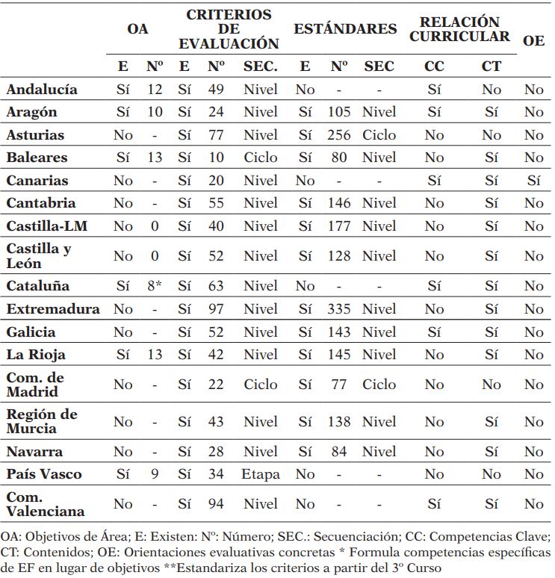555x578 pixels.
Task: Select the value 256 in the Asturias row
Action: click(339, 135)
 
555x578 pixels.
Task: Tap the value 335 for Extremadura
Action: click(339, 309)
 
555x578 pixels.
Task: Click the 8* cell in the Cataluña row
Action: click(155, 286)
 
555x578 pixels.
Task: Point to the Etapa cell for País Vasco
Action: click(260, 474)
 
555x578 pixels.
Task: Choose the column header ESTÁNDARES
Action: click(345, 30)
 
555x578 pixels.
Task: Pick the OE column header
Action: click(533, 41)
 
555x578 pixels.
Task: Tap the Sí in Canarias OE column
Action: click(533, 181)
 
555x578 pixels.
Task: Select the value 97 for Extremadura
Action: click(216, 309)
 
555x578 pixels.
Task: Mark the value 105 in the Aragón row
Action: click(339, 112)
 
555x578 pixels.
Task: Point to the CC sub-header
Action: click(434, 66)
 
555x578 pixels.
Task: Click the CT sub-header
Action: click(491, 66)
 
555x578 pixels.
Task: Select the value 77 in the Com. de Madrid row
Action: click(339, 385)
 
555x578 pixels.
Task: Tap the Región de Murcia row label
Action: click(42, 422)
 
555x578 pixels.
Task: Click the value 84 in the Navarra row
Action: click(339, 452)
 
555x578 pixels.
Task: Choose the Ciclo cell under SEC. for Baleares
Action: click(260, 158)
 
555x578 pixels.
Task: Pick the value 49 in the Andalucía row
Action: click(216, 90)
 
